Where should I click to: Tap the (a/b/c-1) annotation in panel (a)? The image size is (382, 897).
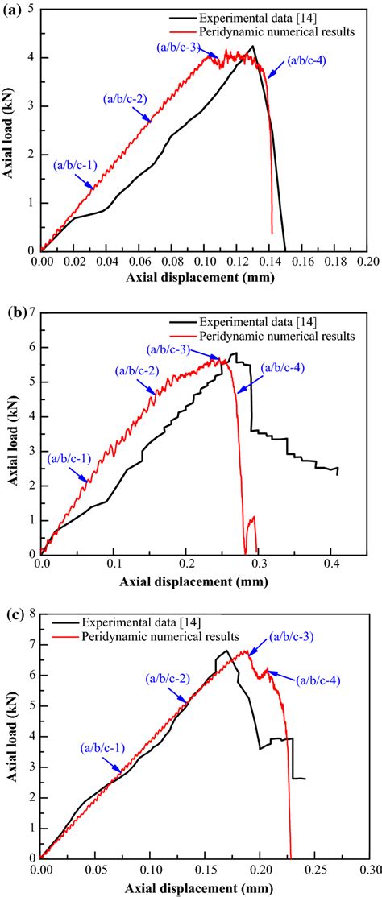coord(75,165)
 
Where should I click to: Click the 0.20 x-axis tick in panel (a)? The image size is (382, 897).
coord(367,262)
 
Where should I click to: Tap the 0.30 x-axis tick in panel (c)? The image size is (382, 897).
coord(368,871)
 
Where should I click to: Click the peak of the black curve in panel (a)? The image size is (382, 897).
coord(253,46)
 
